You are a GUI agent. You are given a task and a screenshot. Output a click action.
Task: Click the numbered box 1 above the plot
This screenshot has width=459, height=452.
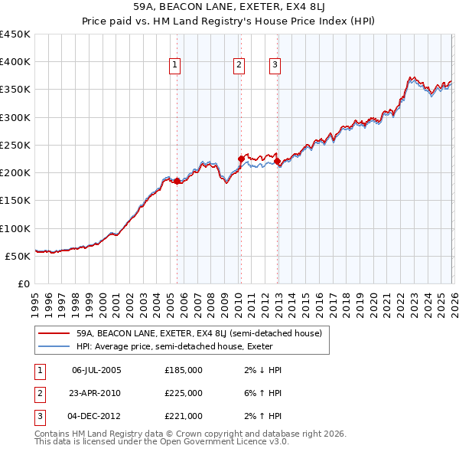tap(175, 66)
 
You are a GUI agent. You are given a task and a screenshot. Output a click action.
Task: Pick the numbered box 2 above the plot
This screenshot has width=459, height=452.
tap(239, 66)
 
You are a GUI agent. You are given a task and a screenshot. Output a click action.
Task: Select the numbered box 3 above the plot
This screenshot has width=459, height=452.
tap(274, 66)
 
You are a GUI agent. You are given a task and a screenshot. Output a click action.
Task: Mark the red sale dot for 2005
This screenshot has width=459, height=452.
tap(177, 181)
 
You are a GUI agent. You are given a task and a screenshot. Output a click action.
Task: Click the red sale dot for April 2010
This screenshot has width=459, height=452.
tap(241, 159)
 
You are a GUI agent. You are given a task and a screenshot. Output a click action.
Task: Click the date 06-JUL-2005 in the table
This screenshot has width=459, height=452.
tap(96, 370)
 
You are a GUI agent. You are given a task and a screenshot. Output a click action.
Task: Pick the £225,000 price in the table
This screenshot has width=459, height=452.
tap(184, 393)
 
